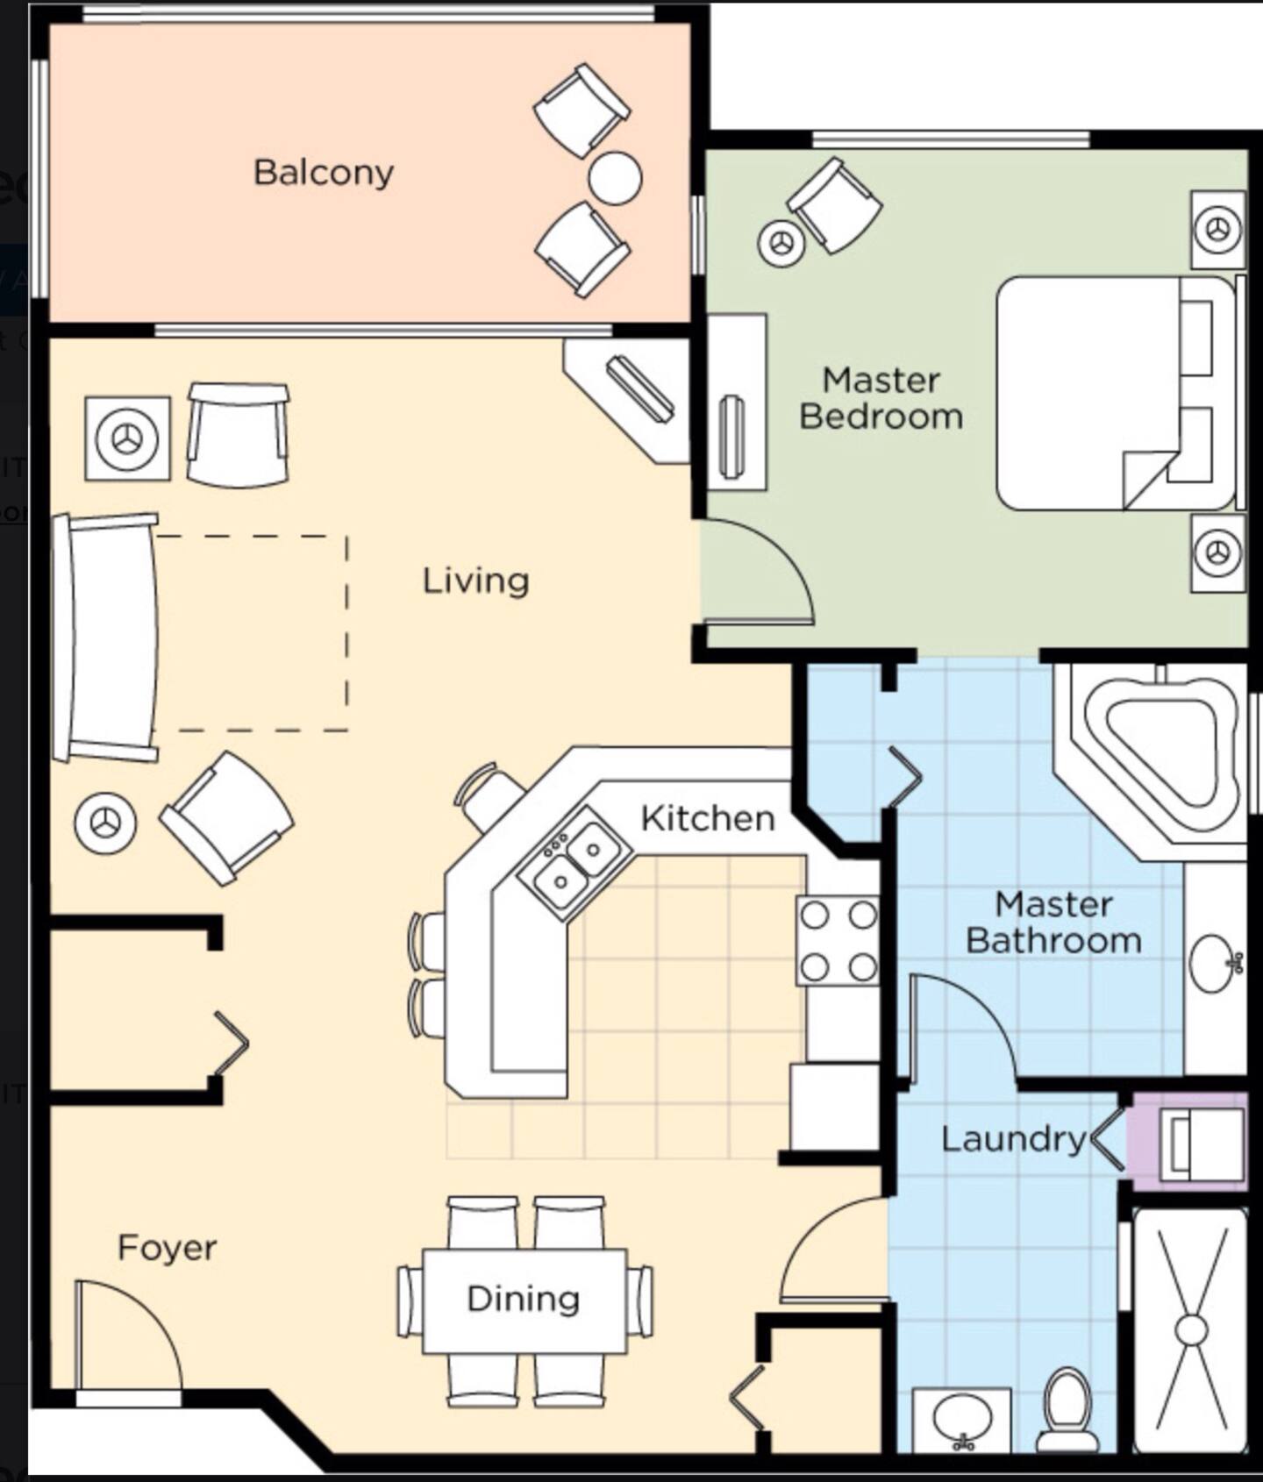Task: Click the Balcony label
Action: tap(324, 173)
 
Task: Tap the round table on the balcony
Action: tap(615, 178)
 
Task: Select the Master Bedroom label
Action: tap(881, 398)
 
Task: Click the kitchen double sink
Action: tap(574, 864)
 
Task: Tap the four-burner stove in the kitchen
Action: tap(838, 940)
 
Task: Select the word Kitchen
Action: tap(708, 818)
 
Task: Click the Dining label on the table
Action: tap(524, 1299)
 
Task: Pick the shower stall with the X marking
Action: tap(1190, 1330)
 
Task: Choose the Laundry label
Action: tap(1014, 1139)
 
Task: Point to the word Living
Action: tap(476, 581)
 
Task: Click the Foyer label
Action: tap(168, 1248)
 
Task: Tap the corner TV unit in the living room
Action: tap(627, 400)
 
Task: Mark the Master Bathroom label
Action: tap(1054, 923)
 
